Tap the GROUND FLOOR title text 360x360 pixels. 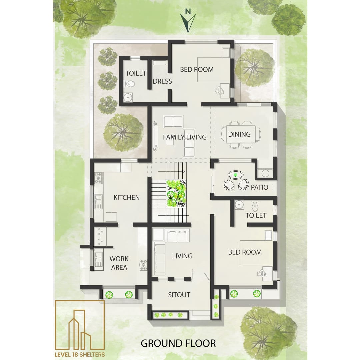(x=178, y=344)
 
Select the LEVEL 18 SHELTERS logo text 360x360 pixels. (x=80, y=354)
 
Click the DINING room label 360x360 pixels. (x=239, y=134)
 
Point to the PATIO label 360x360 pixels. (x=259, y=187)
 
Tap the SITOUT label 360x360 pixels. (x=179, y=295)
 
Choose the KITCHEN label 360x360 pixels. (x=127, y=197)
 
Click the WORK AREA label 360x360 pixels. (x=119, y=263)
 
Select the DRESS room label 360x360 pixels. (x=162, y=81)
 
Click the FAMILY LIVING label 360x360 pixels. (x=185, y=137)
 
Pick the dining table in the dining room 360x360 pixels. (x=241, y=134)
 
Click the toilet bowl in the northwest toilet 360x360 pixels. (x=129, y=84)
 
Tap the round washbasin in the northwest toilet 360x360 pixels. (x=128, y=98)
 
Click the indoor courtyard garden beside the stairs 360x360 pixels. (x=176, y=194)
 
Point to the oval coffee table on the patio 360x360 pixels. (x=235, y=175)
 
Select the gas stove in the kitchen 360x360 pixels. (x=98, y=178)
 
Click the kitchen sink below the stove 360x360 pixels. (x=98, y=202)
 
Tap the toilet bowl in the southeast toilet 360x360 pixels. (x=255, y=206)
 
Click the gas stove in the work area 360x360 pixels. (x=143, y=265)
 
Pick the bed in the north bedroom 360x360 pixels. (x=214, y=70)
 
